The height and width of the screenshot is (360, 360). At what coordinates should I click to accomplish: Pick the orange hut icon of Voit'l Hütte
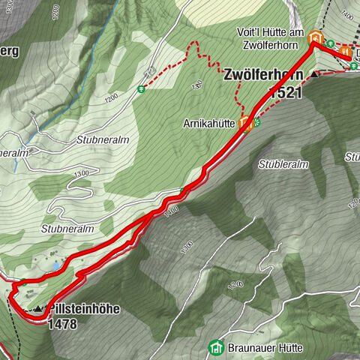coord(316,38)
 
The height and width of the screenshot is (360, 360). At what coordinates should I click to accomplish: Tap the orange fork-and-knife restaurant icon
coord(345,52)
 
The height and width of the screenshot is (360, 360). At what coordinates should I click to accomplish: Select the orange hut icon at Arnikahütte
coord(247,125)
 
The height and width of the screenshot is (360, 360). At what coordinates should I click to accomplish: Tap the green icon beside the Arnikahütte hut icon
coord(256,122)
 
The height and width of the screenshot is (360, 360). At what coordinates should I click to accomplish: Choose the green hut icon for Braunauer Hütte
coord(217,346)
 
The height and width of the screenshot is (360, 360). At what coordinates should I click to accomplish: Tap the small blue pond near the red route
coord(57,265)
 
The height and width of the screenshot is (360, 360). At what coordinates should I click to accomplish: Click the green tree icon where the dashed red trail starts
coord(140,88)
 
